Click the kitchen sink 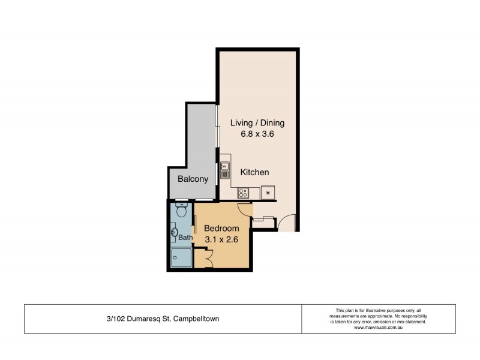click(225, 170)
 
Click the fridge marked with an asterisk click(268, 193)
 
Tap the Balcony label click(193, 179)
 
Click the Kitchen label click(254, 172)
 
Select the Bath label click(185, 238)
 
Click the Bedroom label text click(221, 229)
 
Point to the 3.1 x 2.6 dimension click(221, 239)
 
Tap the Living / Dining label click(257, 123)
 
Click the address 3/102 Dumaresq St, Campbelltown click(162, 319)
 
